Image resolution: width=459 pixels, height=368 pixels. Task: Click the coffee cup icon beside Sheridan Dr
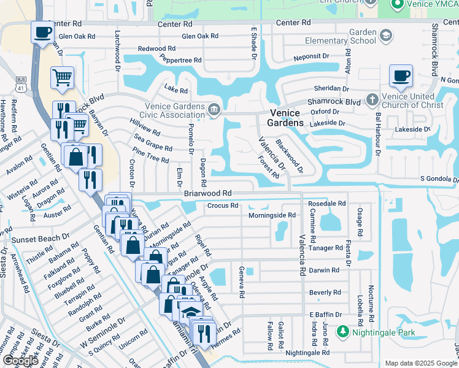coord(401,76)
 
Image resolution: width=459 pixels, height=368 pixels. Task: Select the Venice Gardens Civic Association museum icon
coord(214,110)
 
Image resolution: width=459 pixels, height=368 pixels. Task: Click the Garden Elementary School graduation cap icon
coord(385,36)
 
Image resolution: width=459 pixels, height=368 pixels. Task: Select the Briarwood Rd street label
coord(207,193)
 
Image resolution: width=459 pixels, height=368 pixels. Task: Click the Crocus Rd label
coord(222,205)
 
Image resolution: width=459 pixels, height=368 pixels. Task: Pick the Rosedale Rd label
coord(326,203)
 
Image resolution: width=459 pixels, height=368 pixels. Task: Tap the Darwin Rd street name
coord(324,270)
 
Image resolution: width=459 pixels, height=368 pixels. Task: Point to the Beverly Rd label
coord(325,293)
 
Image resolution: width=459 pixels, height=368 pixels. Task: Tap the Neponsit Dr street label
coord(312,55)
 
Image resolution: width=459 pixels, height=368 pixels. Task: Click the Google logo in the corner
coord(20,361)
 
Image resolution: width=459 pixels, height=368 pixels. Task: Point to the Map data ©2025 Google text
coord(421,363)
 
